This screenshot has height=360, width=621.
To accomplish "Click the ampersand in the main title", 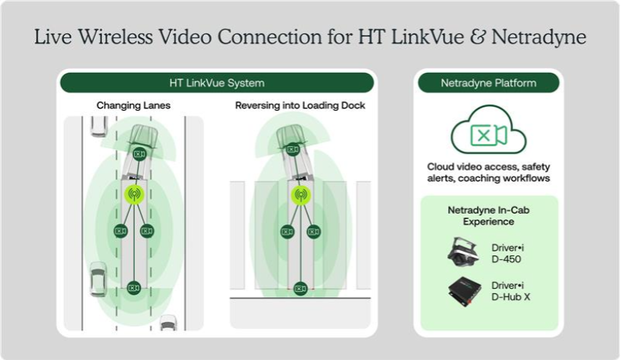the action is click(x=479, y=37).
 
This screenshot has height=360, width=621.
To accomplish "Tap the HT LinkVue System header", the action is click(x=216, y=82).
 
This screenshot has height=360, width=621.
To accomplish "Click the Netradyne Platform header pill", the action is click(x=488, y=83).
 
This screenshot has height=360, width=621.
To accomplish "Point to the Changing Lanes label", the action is click(x=133, y=105).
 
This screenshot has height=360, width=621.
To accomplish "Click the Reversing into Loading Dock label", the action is click(x=300, y=105).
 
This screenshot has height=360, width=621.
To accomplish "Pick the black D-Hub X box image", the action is click(x=464, y=291).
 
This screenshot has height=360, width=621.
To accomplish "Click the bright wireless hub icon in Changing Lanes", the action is click(x=133, y=195).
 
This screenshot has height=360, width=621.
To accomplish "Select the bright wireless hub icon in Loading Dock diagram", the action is click(x=300, y=195).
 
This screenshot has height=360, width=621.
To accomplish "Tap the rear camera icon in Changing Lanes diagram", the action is click(x=133, y=286).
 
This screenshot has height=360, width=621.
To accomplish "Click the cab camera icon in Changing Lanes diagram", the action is click(x=139, y=155).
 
